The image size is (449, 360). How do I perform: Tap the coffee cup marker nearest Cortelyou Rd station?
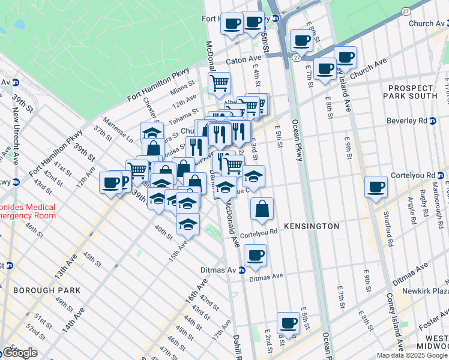click(376, 187)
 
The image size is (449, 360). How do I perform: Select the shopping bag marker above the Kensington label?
click(262, 209)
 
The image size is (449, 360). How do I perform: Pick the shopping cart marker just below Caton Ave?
click(220, 82)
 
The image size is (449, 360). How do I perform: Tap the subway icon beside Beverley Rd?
click(433, 121)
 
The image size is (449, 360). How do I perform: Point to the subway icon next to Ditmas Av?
click(241, 270)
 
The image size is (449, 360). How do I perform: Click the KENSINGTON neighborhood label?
click(313, 226)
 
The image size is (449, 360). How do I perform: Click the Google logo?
click(19, 353)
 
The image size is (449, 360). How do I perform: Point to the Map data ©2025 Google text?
click(412, 355)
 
